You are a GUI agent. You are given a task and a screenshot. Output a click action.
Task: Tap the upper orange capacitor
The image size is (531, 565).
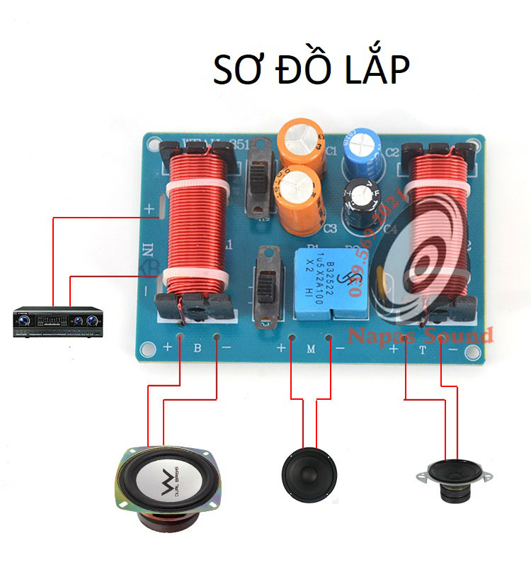pyautogui.click(x=302, y=143)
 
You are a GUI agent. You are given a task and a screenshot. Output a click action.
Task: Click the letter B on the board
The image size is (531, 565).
pyautogui.click(x=198, y=348)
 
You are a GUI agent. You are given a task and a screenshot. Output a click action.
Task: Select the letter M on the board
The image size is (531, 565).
pyautogui.click(x=309, y=348)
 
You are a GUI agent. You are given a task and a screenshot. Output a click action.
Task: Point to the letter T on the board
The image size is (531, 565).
pyautogui.click(x=423, y=349)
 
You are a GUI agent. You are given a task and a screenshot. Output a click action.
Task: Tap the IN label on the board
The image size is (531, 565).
pyautogui.click(x=149, y=250)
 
